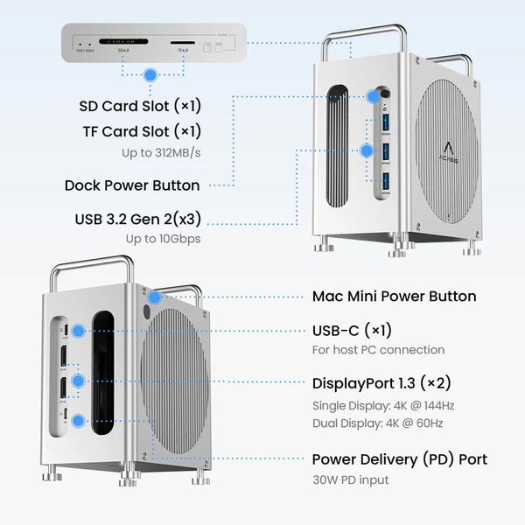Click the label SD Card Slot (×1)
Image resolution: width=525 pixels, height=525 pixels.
pos(140,106)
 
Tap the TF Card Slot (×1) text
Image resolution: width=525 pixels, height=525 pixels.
pos(140,131)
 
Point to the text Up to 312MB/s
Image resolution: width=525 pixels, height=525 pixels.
pos(161,153)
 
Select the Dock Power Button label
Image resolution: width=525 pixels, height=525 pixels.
pos(132,185)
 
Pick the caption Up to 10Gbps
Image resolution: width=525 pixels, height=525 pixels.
pos(164,238)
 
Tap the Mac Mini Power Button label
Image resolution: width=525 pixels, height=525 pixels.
pos(394,296)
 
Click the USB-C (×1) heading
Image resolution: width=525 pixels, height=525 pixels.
pos(352,331)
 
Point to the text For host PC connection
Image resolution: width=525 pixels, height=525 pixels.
pos(378,350)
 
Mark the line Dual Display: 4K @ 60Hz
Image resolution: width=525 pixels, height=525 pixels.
pos(377,423)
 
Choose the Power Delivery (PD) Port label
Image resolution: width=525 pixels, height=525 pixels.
pos(400,459)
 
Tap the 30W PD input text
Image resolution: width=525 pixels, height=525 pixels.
pos(351,479)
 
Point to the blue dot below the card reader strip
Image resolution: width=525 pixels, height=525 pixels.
pos(152,76)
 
